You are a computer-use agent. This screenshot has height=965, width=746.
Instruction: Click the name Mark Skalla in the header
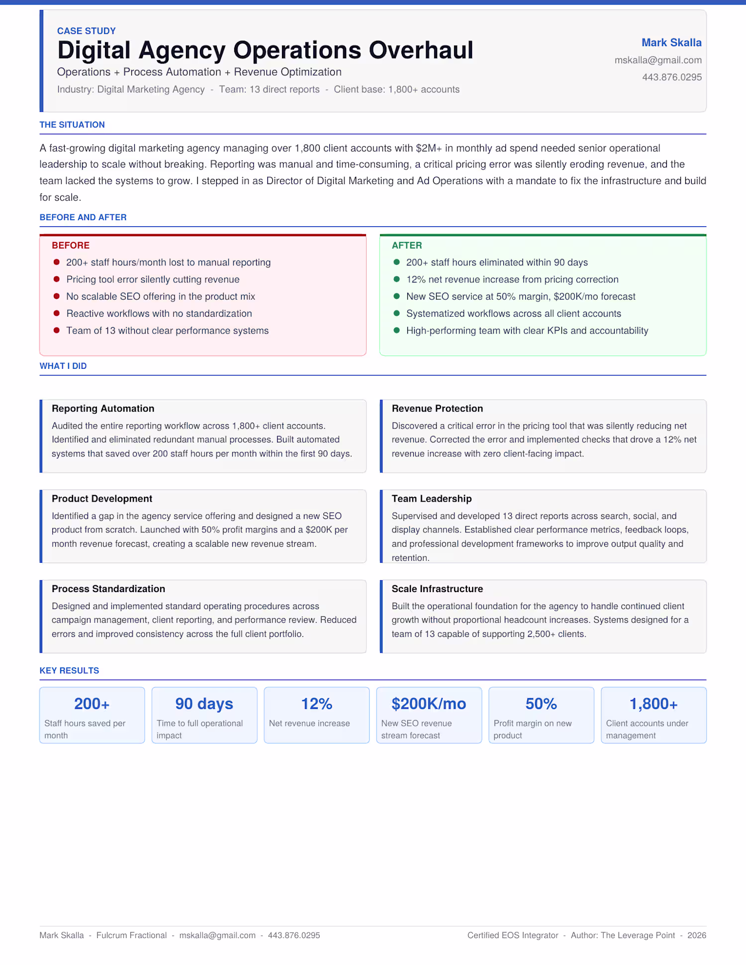click(671, 43)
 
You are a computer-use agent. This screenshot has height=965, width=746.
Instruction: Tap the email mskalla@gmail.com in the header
click(657, 60)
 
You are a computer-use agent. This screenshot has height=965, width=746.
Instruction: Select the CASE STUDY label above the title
click(86, 31)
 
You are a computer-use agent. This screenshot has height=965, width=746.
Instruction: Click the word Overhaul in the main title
click(421, 50)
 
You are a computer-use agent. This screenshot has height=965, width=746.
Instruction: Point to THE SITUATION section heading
click(72, 125)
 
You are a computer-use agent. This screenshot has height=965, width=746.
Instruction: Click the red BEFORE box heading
click(71, 246)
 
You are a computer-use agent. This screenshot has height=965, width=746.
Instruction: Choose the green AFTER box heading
click(406, 246)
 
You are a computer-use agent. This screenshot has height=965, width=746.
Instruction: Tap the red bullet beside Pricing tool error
click(57, 279)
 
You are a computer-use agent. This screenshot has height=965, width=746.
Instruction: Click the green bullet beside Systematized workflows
click(396, 314)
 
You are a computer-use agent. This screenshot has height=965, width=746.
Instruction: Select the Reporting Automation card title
click(103, 409)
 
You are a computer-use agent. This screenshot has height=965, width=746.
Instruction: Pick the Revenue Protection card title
click(437, 409)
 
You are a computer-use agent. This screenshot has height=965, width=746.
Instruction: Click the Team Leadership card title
click(431, 499)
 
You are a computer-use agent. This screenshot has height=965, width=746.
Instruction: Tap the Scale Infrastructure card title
click(437, 589)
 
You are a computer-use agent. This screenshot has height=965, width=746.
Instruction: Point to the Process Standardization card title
click(108, 589)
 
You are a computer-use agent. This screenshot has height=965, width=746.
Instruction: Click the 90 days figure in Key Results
click(204, 704)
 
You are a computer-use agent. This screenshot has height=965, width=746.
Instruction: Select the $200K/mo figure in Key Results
click(429, 704)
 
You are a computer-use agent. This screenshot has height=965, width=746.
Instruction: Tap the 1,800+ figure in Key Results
click(653, 704)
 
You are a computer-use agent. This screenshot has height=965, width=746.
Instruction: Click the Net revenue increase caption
click(309, 723)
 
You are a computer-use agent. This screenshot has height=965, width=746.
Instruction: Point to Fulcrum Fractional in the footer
click(131, 935)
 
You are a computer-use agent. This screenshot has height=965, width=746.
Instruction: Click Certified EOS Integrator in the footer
click(513, 935)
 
